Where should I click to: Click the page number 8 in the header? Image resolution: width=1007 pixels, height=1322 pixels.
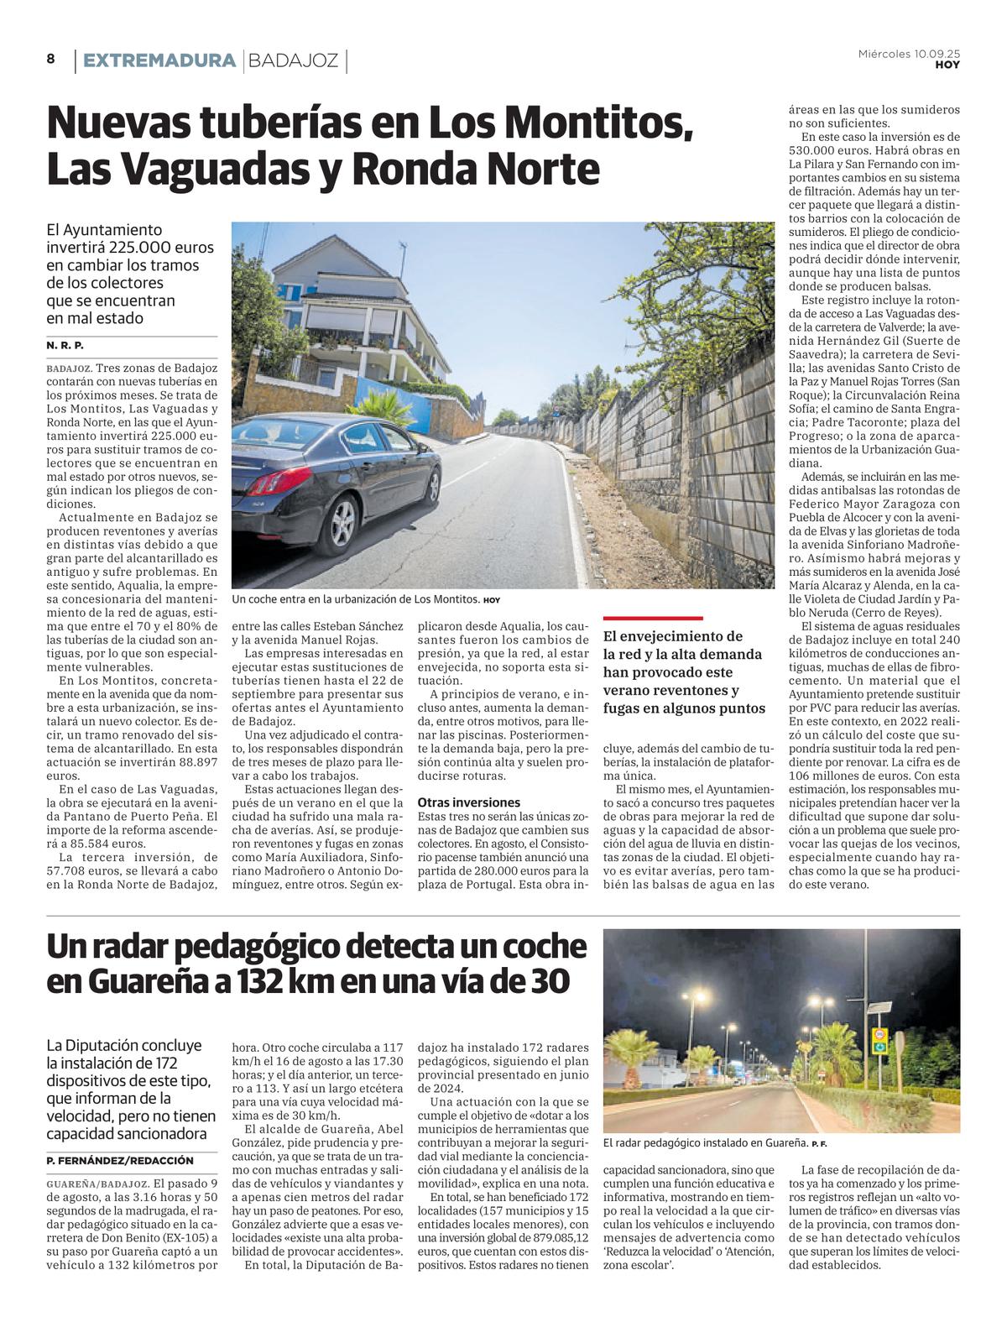(50, 59)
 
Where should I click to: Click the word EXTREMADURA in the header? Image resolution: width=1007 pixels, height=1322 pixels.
(159, 60)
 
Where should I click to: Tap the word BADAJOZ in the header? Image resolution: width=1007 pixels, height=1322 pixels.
(294, 60)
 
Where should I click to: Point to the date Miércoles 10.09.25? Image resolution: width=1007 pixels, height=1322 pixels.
(909, 54)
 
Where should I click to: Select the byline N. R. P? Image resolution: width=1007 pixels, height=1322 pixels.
(65, 346)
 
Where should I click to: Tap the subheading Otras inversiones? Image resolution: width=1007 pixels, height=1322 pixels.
(468, 802)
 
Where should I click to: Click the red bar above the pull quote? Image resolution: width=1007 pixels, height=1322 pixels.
(653, 619)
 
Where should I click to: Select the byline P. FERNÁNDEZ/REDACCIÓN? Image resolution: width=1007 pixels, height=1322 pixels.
(120, 1160)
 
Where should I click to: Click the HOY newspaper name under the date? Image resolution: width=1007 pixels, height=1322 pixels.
(947, 65)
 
